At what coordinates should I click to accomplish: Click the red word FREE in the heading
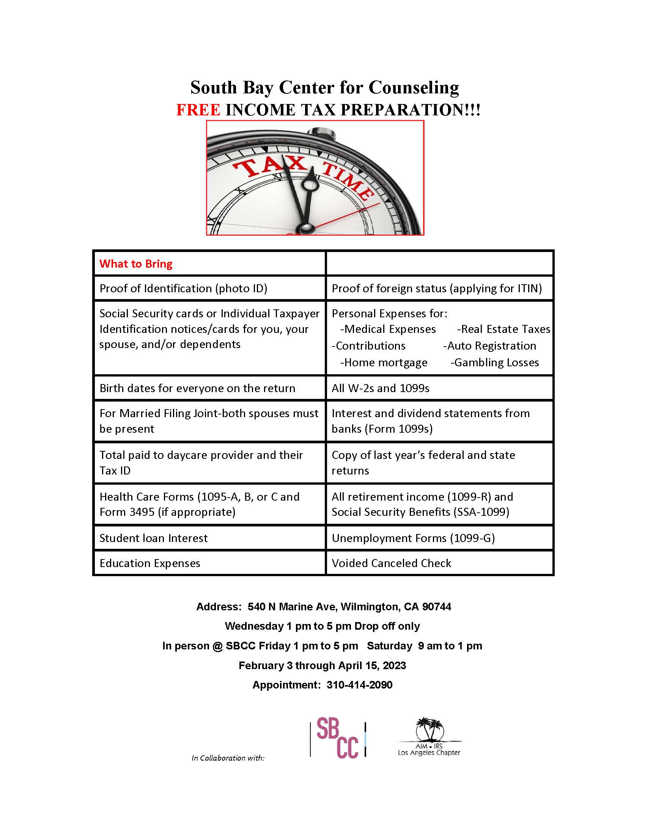[198, 110]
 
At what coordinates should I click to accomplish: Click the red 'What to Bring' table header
[136, 264]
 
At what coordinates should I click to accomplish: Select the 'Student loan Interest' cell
[153, 538]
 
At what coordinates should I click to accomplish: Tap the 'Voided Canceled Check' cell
[391, 563]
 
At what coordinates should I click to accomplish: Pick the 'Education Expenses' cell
[150, 563]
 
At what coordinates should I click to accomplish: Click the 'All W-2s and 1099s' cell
[380, 388]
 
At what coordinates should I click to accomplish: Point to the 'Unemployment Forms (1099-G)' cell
[413, 538]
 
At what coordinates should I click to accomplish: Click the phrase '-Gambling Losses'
[494, 362]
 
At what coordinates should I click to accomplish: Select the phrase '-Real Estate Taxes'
[503, 329]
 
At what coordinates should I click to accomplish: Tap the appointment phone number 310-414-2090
[359, 685]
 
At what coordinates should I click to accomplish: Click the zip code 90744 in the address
[437, 607]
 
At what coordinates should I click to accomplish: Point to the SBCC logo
[338, 739]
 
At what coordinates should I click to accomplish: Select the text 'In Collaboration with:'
[228, 758]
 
